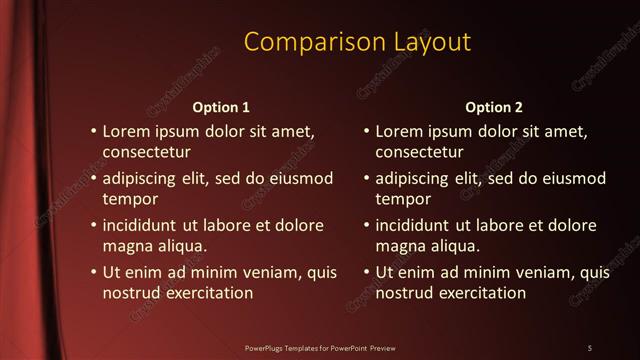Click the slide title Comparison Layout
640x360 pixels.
pos(357,42)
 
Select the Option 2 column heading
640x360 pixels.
pos(494,107)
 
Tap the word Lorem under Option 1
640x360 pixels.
pos(127,131)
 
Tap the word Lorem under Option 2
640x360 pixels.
pos(400,131)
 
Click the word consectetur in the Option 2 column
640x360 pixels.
pos(419,152)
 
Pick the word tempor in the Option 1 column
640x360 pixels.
pos(126,198)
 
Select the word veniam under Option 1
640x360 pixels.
pos(269,272)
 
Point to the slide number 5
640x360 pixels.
pos(590,348)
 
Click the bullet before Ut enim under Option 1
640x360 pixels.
pos(93,272)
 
